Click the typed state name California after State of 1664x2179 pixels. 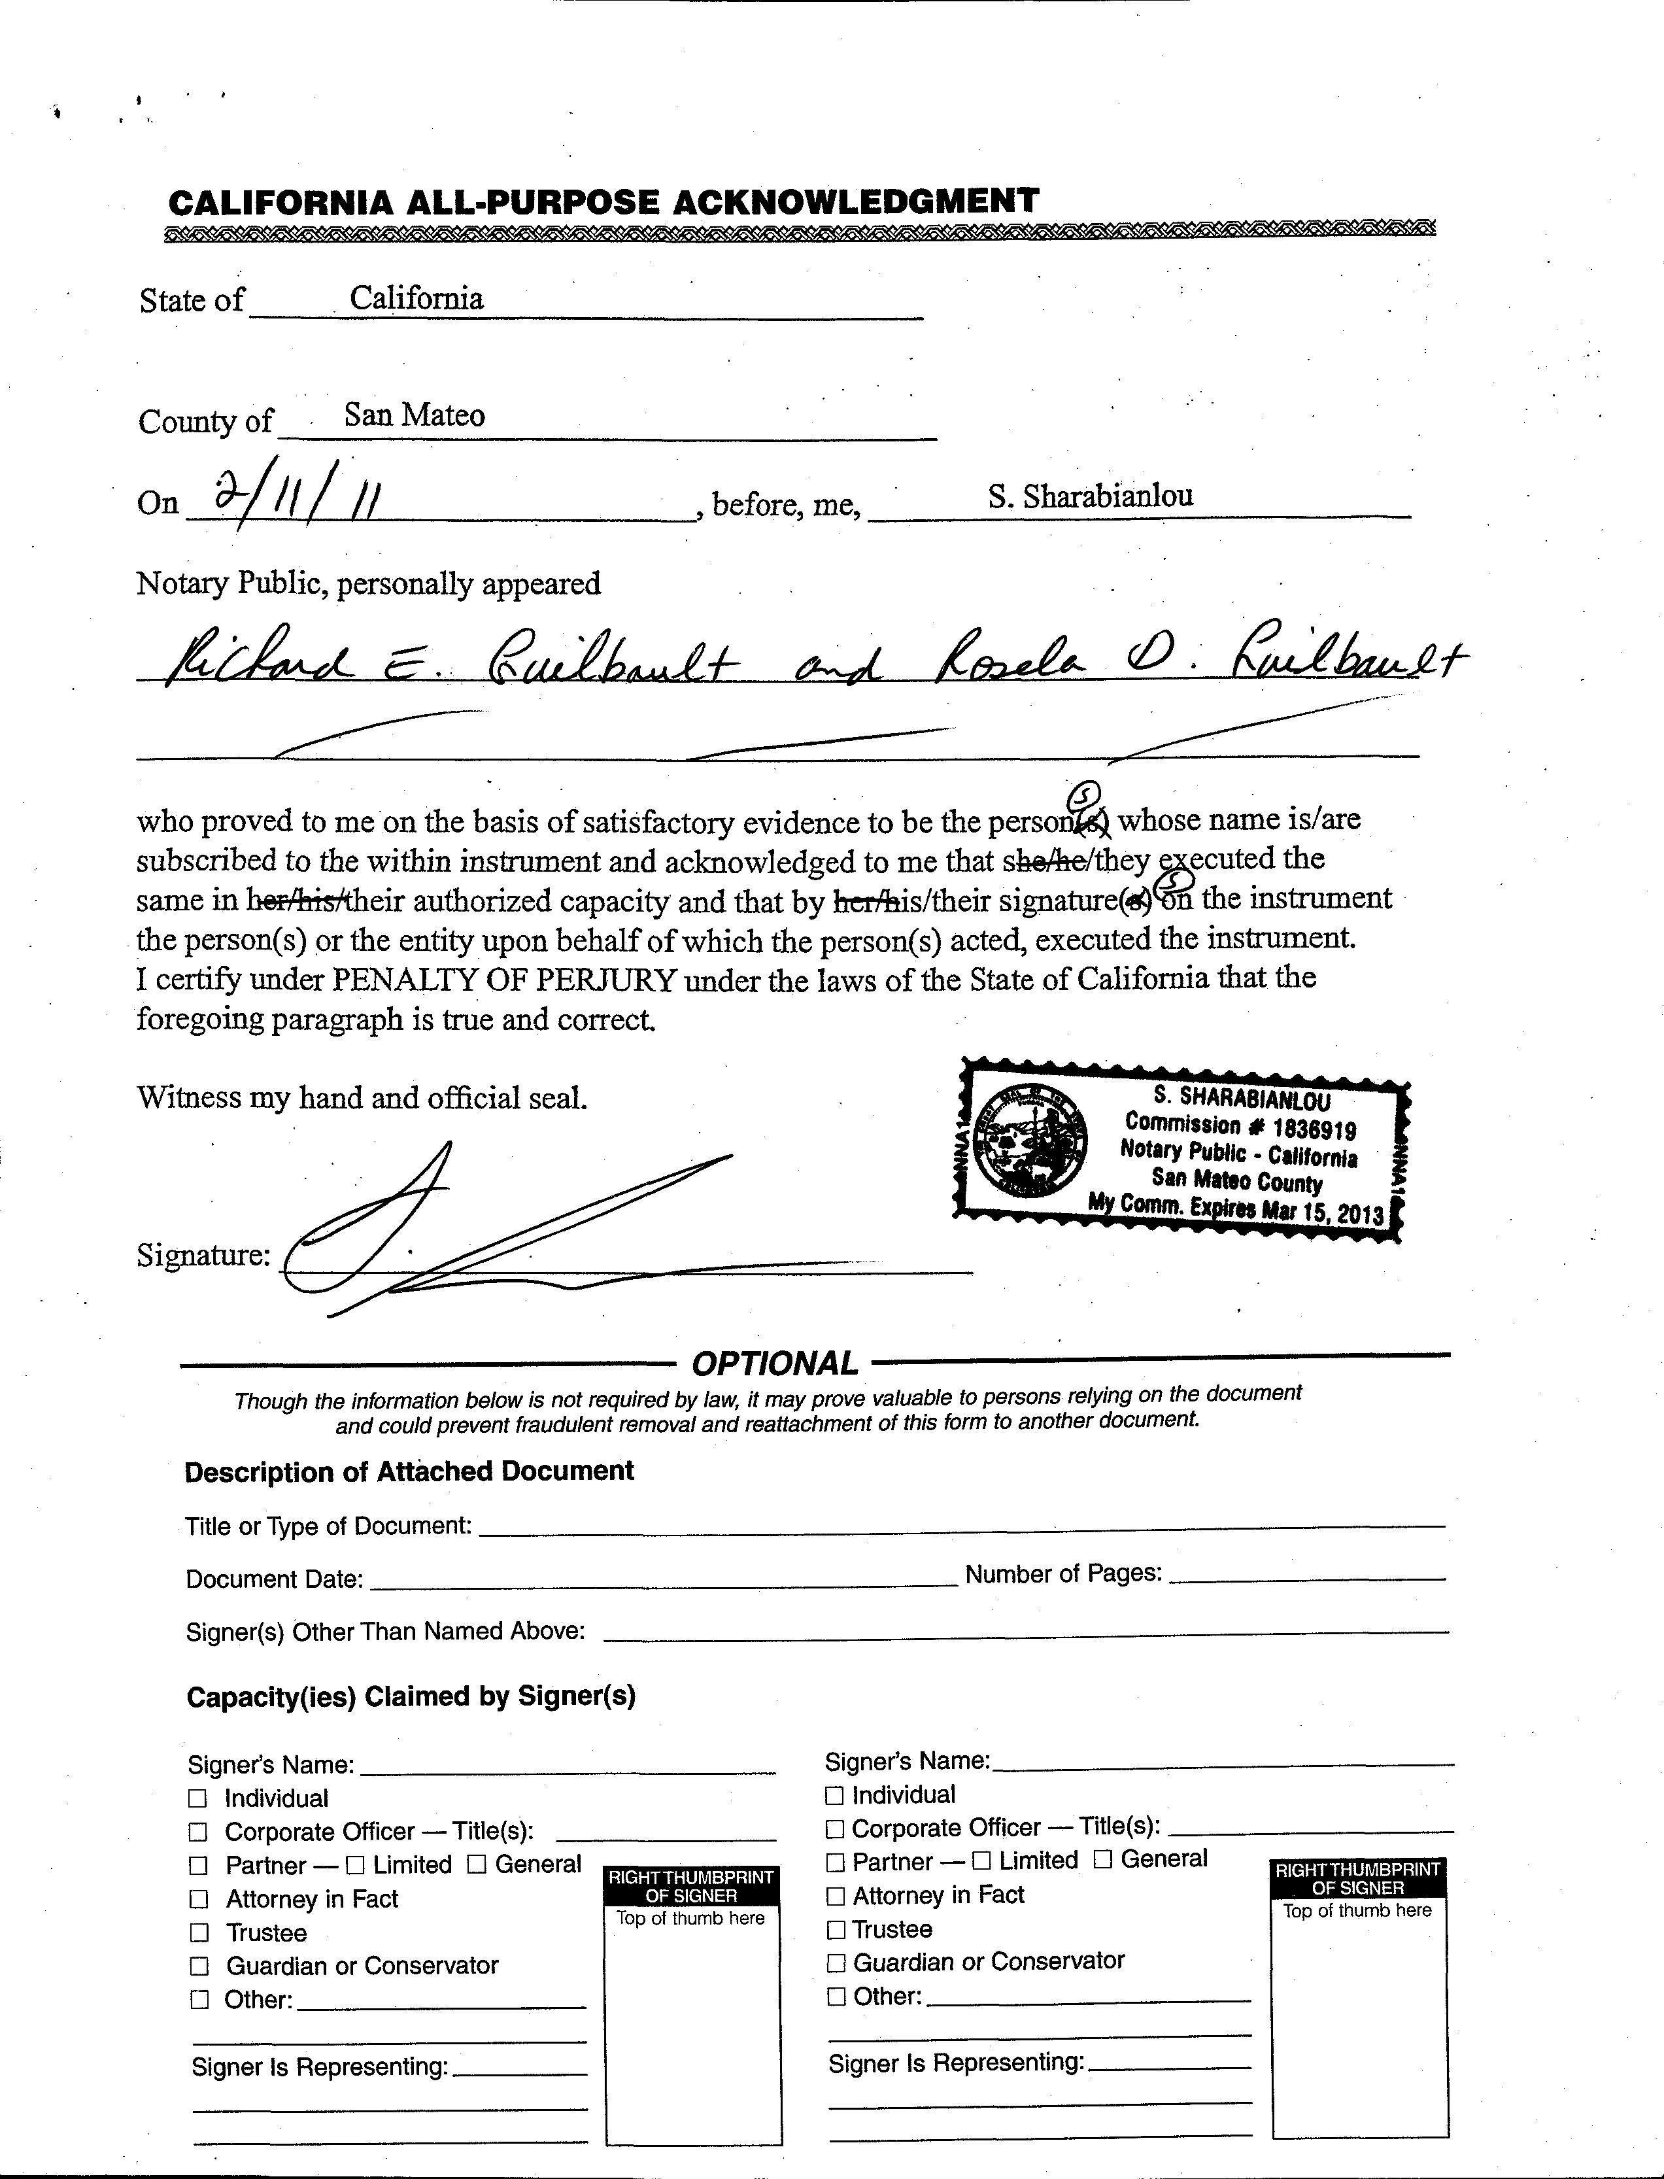[416, 298]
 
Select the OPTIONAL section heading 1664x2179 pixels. [775, 1364]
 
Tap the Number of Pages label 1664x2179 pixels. [1062, 1574]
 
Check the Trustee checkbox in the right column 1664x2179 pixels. [835, 1929]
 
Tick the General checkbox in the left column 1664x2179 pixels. [477, 1865]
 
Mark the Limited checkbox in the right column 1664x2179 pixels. [981, 1861]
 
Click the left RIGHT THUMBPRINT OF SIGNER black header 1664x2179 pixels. [691, 1887]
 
